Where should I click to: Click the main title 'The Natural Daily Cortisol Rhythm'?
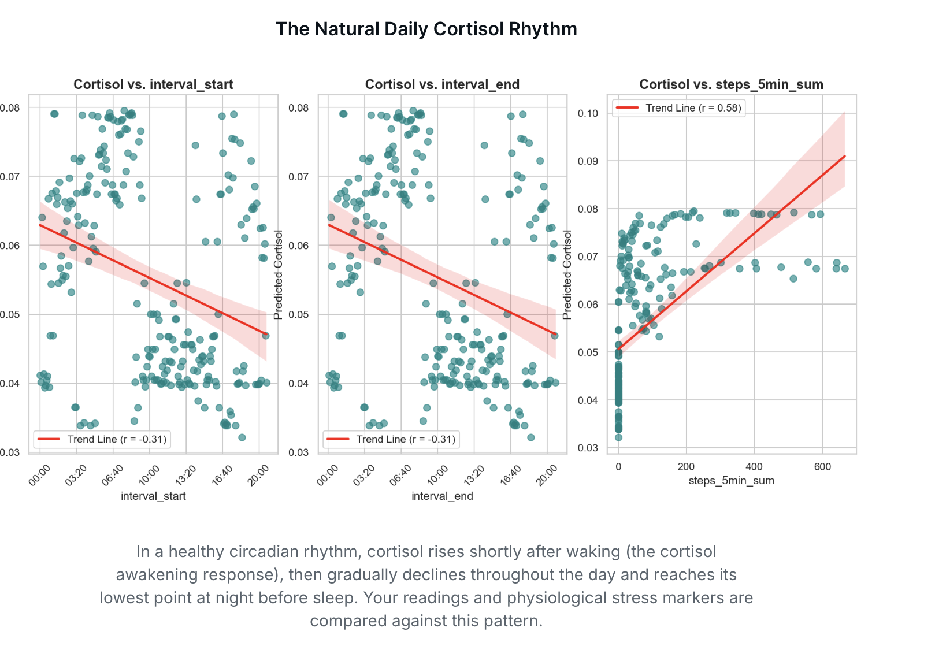426,29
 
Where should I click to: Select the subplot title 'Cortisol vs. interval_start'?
153,84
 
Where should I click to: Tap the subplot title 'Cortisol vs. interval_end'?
442,84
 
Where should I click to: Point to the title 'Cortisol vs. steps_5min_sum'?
731,84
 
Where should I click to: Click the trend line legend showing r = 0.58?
678,108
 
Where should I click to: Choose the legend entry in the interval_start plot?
102,439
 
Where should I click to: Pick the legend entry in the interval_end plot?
391,439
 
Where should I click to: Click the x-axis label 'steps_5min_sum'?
731,481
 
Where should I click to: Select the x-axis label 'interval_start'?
153,496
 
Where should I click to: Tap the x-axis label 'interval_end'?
442,496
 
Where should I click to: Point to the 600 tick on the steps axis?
822,467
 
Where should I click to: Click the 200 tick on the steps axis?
686,467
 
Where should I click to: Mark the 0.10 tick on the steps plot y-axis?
588,113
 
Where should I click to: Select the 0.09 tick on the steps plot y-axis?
588,161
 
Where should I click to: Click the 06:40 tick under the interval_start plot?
112,476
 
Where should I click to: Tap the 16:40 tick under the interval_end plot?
510,476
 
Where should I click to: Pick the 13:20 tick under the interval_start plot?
185,476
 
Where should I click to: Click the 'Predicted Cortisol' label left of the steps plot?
567,274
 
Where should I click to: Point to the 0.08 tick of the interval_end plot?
298,108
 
